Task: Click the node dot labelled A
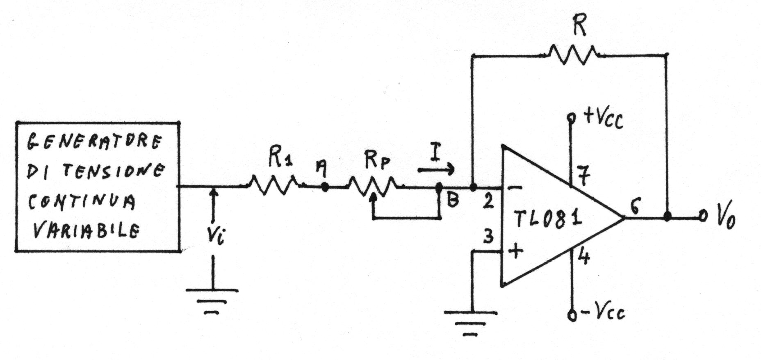pos(325,187)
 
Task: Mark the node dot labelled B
pos(439,188)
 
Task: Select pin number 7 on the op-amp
pos(583,177)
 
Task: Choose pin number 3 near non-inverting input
pos(488,237)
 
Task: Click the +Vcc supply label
pos(603,118)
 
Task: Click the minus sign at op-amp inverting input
pos(515,189)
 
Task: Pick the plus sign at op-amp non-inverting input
pos(515,251)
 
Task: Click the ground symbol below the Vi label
pos(212,301)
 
